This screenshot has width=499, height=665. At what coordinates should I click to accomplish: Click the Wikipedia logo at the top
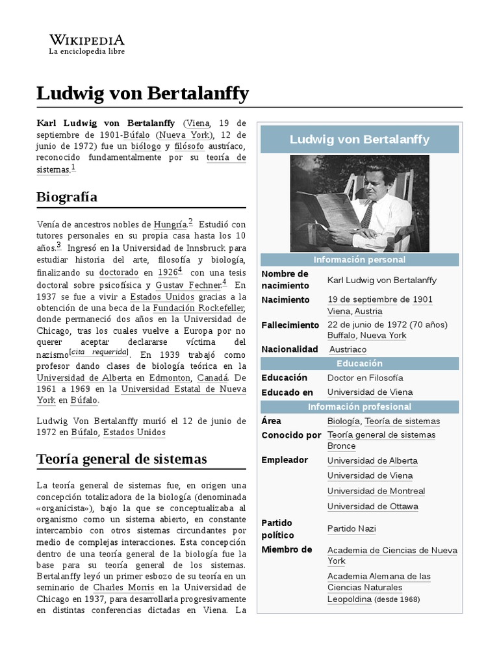[x=86, y=43]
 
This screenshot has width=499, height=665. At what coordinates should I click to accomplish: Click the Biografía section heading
[x=67, y=196]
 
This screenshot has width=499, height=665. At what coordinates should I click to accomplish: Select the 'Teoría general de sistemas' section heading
[x=122, y=458]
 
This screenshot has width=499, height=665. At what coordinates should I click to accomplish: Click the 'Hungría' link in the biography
[x=170, y=224]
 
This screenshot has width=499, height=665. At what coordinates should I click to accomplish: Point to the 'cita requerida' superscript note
[x=99, y=353]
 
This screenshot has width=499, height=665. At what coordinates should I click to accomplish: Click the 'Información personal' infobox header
[x=359, y=260]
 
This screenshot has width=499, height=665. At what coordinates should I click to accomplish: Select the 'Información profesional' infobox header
[x=359, y=407]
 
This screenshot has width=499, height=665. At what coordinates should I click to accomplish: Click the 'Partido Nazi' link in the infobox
[x=352, y=529]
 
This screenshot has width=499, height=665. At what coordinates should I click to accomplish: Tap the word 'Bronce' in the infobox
[x=341, y=446]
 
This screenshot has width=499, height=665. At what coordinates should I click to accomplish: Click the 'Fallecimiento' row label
[x=290, y=325]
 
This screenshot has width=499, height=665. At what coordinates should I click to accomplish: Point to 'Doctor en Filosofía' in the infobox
[x=365, y=377]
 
